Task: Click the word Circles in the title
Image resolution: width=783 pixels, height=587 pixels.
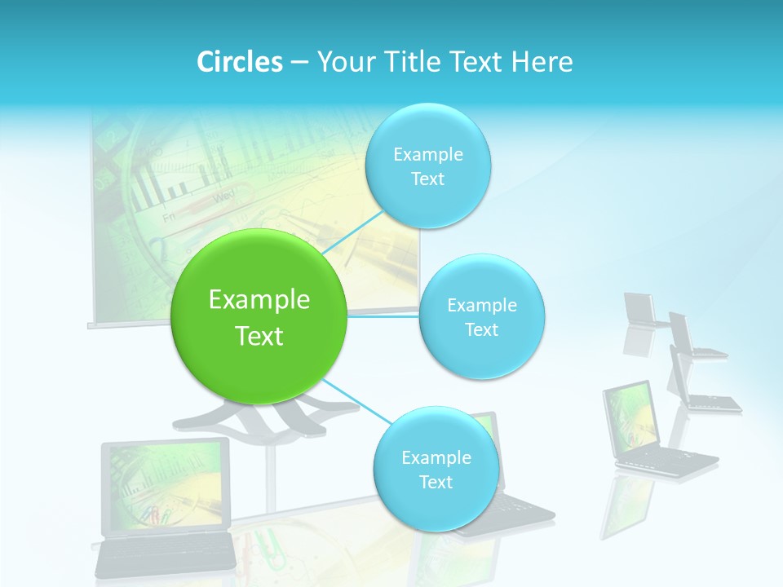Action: pyautogui.click(x=240, y=62)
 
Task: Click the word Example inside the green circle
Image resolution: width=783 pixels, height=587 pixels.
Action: pyautogui.click(x=259, y=300)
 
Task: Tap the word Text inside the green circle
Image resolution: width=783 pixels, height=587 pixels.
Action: pyautogui.click(x=259, y=336)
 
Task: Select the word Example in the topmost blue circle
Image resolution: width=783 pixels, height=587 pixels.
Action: pyautogui.click(x=427, y=155)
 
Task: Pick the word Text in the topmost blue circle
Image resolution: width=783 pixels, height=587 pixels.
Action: pyautogui.click(x=427, y=179)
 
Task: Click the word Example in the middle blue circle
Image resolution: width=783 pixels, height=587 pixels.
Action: pyautogui.click(x=481, y=306)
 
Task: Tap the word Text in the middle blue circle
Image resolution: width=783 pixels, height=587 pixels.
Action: pyautogui.click(x=481, y=330)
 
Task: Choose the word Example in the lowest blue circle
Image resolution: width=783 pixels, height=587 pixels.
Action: pyautogui.click(x=436, y=458)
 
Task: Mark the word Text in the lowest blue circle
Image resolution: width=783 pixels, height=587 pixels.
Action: pyautogui.click(x=436, y=483)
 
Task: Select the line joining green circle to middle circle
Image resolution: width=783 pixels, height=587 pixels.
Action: pyautogui.click(x=383, y=315)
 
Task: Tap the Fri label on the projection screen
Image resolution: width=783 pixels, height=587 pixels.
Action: pyautogui.click(x=170, y=218)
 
